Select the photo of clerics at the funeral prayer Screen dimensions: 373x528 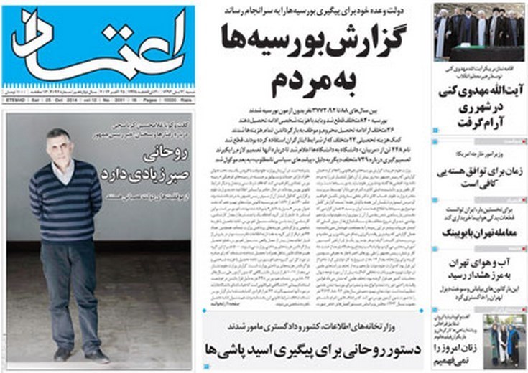click(x=478, y=32)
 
